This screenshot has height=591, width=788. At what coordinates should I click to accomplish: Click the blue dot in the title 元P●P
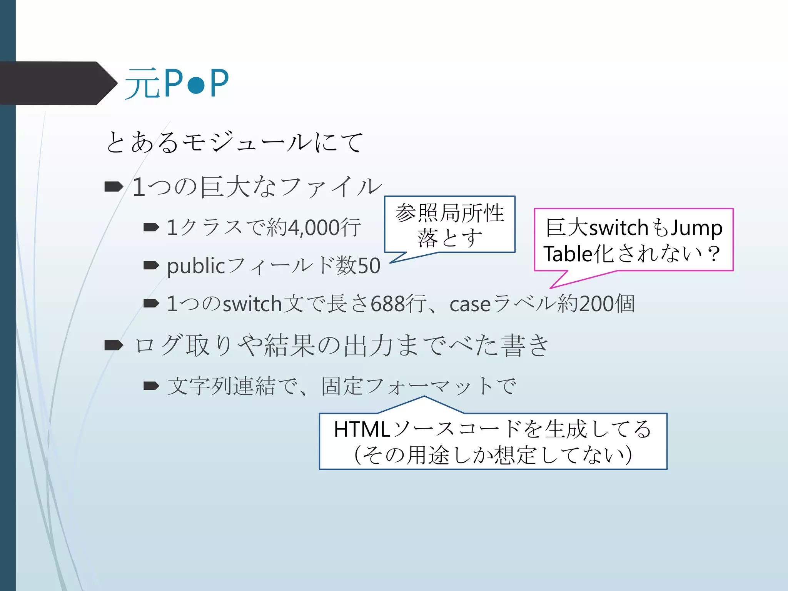[196, 85]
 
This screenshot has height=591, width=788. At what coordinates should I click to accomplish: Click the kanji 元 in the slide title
[142, 83]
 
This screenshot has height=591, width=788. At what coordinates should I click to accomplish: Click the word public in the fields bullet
[196, 266]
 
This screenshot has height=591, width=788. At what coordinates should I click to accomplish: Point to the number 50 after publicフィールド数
[369, 266]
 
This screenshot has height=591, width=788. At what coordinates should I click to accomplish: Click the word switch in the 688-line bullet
[252, 304]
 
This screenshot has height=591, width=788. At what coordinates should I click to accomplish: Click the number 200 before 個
[596, 304]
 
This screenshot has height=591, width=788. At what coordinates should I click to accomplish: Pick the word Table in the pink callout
[567, 254]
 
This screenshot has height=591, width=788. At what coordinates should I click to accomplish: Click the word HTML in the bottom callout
[362, 429]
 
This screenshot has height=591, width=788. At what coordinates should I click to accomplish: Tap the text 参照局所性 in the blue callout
[449, 213]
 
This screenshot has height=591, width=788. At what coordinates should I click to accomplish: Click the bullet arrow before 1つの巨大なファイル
[114, 187]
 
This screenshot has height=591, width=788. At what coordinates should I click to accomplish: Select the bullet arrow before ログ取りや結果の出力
[114, 345]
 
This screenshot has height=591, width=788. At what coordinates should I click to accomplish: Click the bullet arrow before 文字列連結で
[151, 386]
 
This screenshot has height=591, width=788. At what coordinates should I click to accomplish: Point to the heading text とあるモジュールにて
[234, 142]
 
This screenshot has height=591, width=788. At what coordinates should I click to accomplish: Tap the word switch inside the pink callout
[619, 228]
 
